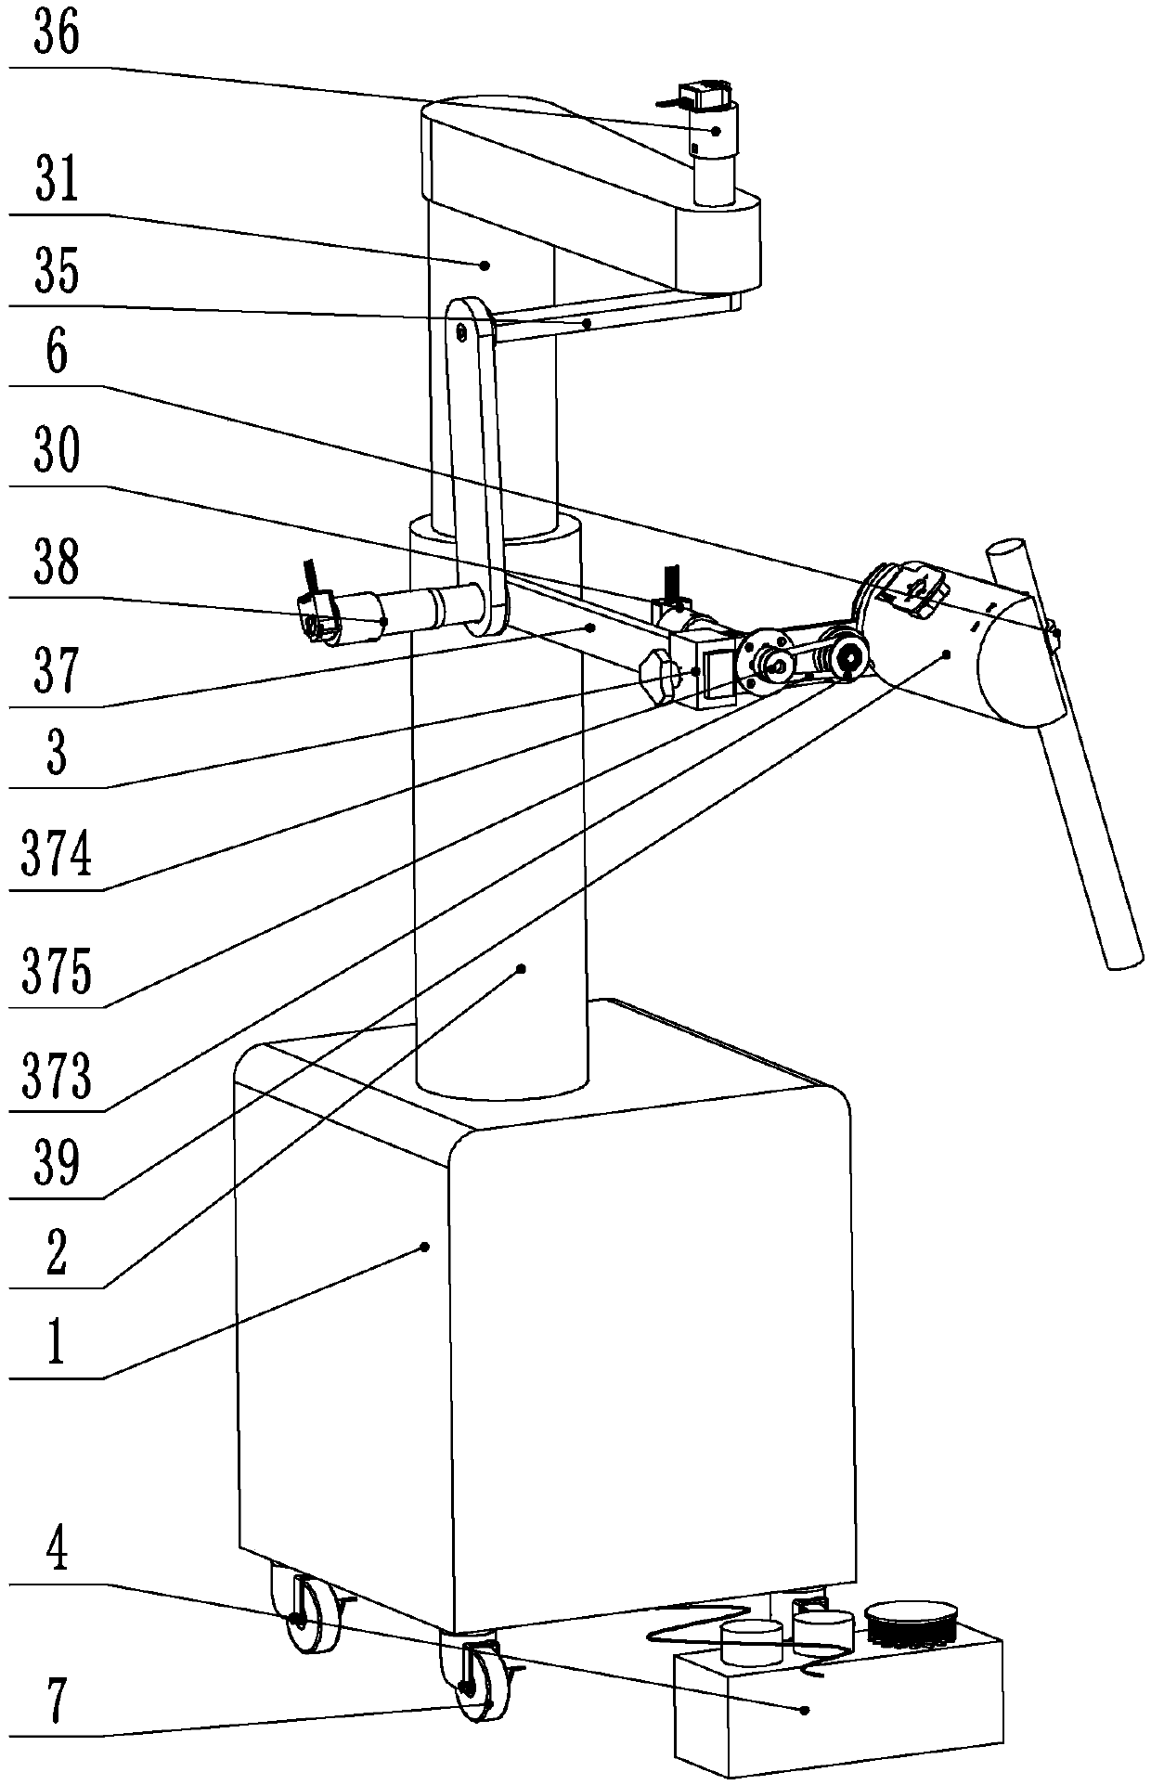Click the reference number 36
(x=57, y=35)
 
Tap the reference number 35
(x=57, y=271)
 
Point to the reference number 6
(x=57, y=355)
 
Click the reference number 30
(x=57, y=452)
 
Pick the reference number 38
(x=57, y=563)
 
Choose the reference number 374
(x=57, y=855)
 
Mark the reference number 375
(x=57, y=973)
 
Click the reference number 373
(x=57, y=1078)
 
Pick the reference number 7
(x=57, y=1703)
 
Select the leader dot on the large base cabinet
(x=426, y=1246)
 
